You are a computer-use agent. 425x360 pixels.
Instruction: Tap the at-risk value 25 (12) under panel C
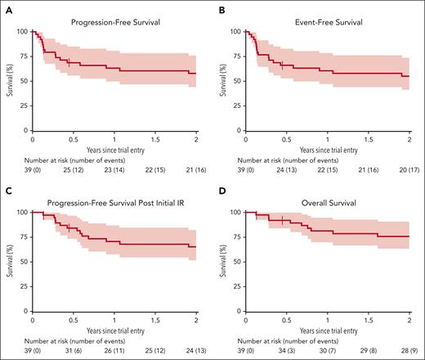coord(154,346)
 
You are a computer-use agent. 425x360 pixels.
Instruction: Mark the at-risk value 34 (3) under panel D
coord(287,346)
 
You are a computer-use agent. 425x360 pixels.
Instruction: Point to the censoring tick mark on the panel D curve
coord(283,220)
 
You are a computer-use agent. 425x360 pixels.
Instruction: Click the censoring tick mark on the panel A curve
coord(69,62)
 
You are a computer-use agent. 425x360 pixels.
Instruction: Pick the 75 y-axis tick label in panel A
coord(21,56)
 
